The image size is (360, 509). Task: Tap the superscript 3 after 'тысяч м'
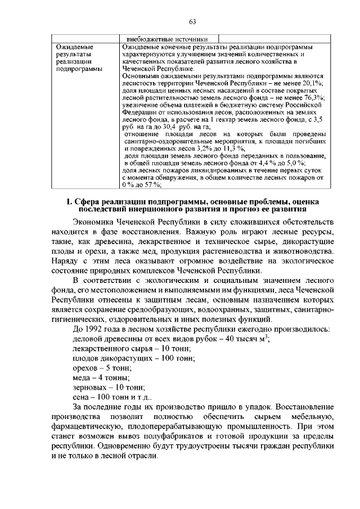[x=266, y=337]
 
